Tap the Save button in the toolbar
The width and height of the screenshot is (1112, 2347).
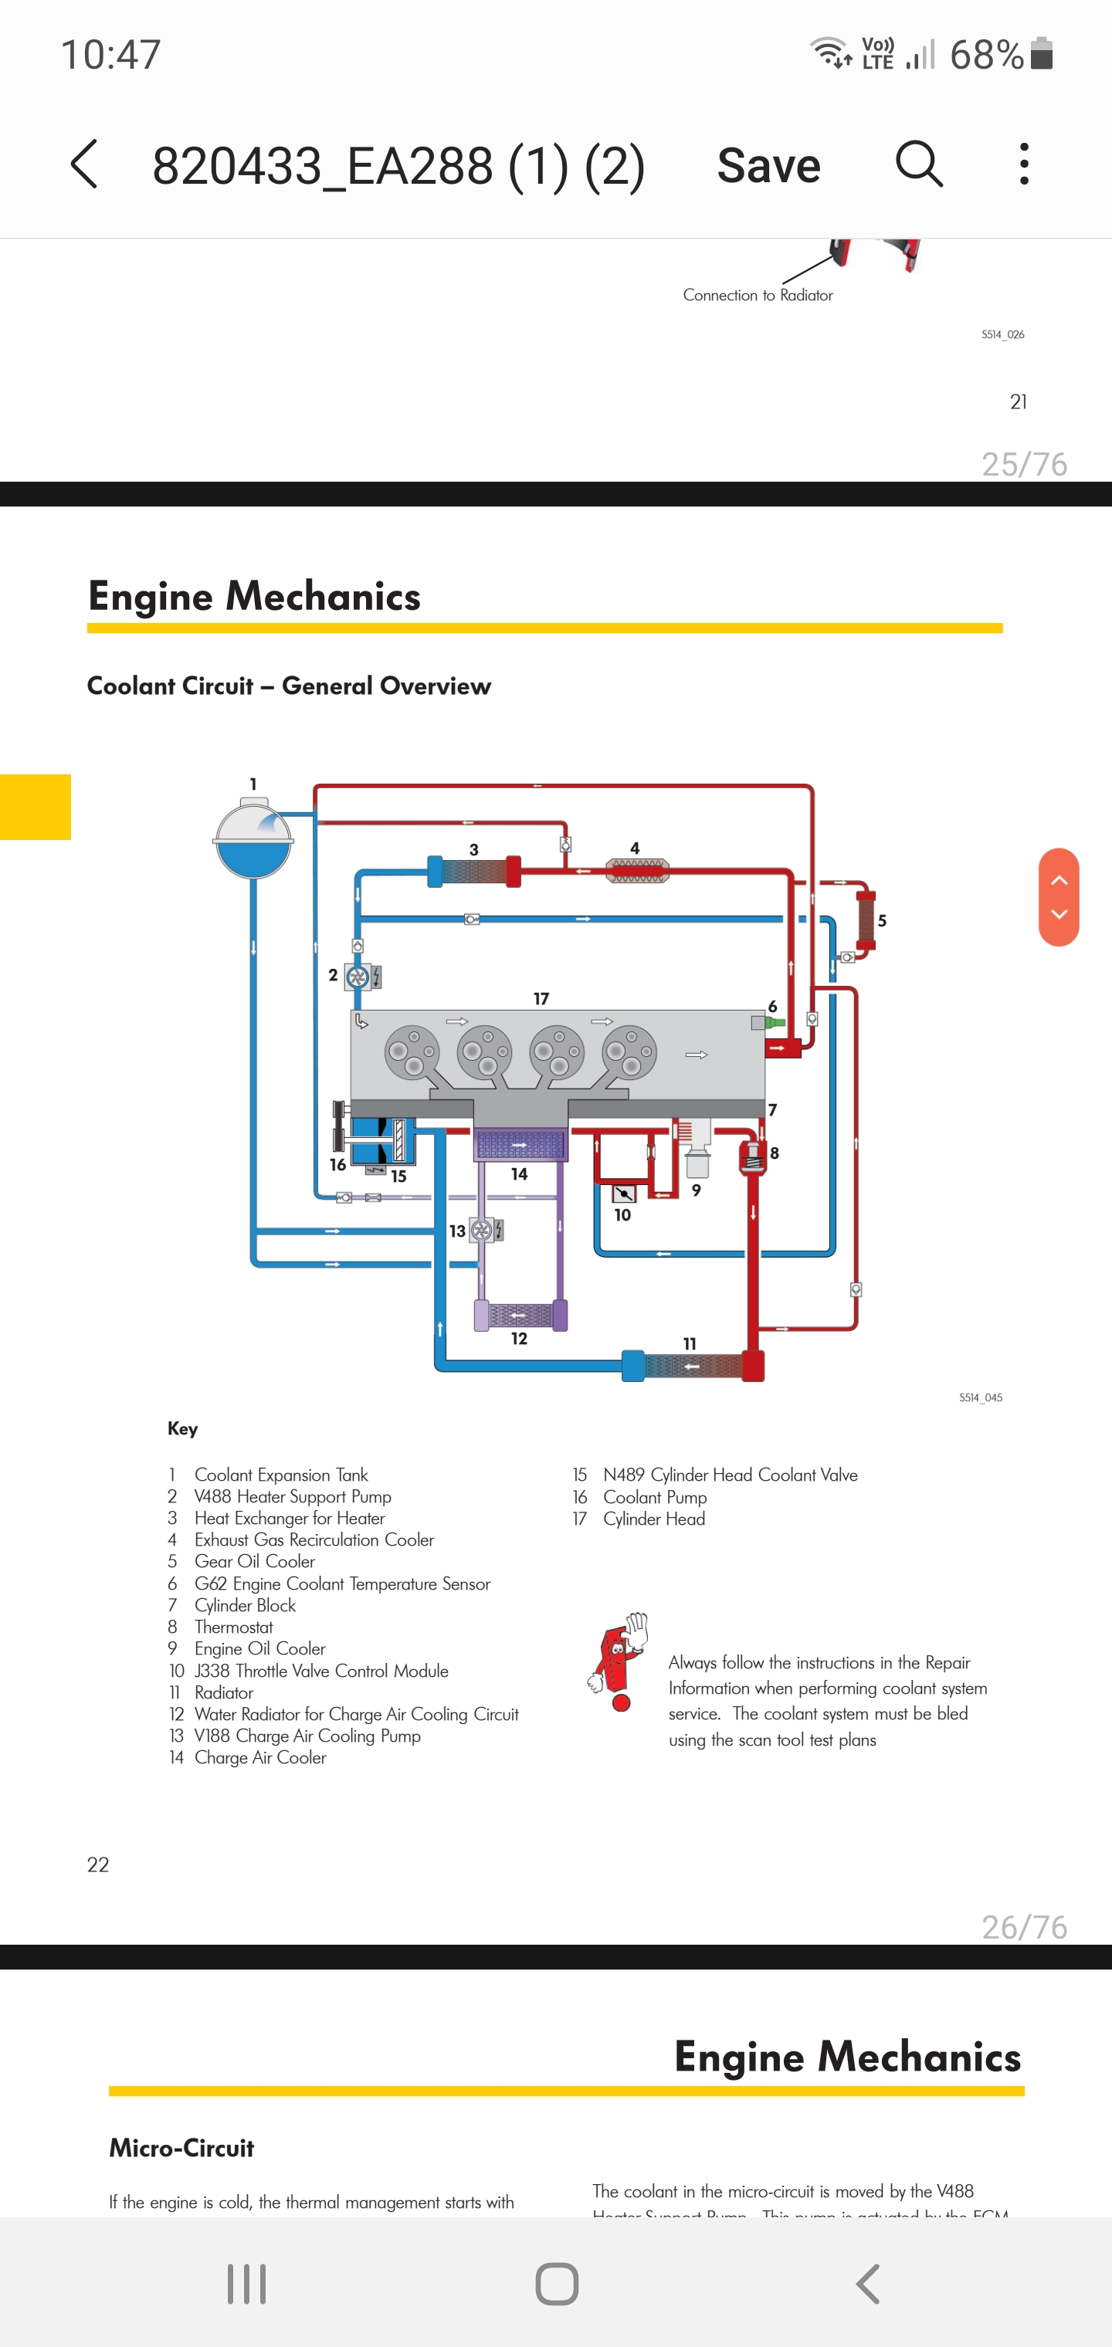click(768, 166)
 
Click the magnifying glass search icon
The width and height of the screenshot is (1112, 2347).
click(918, 164)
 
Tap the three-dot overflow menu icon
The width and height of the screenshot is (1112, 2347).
click(1025, 164)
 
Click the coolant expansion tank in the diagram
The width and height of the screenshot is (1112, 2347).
click(253, 839)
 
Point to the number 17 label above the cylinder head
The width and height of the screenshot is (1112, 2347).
click(541, 998)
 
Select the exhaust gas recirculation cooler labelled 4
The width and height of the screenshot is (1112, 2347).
click(637, 871)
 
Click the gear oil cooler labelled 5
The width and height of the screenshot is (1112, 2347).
click(865, 919)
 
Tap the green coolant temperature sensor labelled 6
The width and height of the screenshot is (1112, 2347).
click(774, 1022)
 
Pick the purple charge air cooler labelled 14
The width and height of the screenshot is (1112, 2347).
click(520, 1144)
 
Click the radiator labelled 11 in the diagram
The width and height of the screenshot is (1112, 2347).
click(693, 1366)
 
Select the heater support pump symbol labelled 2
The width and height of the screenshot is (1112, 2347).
click(358, 977)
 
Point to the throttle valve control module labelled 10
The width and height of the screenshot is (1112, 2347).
click(625, 1194)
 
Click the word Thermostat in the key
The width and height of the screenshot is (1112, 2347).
click(233, 1627)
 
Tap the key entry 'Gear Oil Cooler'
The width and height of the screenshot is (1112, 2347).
click(254, 1562)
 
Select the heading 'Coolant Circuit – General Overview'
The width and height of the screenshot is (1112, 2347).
click(289, 686)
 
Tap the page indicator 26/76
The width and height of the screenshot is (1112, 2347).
click(1024, 1927)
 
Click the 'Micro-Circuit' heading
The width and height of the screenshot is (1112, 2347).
click(181, 2149)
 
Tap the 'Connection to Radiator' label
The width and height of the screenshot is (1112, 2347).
click(758, 295)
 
